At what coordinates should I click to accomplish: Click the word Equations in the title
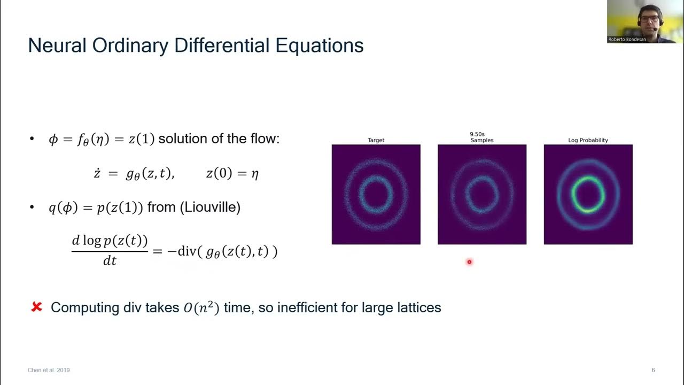pos(320,45)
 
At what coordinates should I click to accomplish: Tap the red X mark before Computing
pos(36,307)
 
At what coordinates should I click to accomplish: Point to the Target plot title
pos(376,140)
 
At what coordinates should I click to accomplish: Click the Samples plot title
pos(481,140)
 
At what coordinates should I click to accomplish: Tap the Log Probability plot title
pos(588,140)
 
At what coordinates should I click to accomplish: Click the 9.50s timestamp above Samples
pos(477,134)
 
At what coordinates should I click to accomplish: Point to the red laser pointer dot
pos(469,261)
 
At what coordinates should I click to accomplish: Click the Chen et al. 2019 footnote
pos(49,370)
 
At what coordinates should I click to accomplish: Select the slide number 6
pos(653,370)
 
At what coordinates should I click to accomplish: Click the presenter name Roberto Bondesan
pos(627,39)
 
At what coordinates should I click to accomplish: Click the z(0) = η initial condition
pos(232,173)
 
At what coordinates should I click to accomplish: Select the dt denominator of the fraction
pos(110,261)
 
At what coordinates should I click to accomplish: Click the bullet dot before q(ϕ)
pos(32,207)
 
